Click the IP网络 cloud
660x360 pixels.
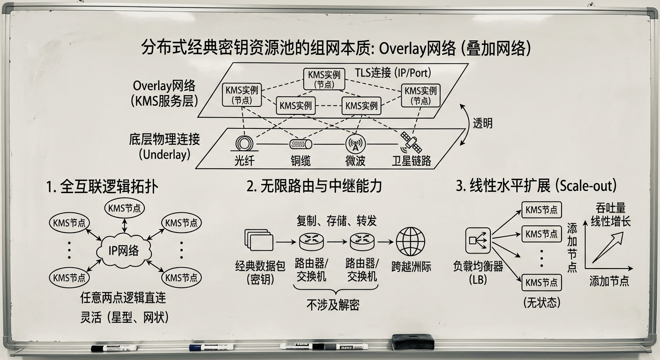pyautogui.click(x=124, y=250)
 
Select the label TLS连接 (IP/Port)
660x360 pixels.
pyautogui.click(x=392, y=73)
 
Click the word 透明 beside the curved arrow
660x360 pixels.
pyautogui.click(x=482, y=124)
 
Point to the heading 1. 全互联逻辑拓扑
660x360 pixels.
pyautogui.click(x=102, y=187)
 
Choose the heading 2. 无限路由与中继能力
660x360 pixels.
pyautogui.click(x=314, y=186)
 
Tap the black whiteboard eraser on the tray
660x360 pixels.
pyautogui.click(x=412, y=342)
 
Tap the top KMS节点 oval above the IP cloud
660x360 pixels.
pyautogui.click(x=124, y=209)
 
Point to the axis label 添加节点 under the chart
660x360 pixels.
pyautogui.click(x=609, y=281)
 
